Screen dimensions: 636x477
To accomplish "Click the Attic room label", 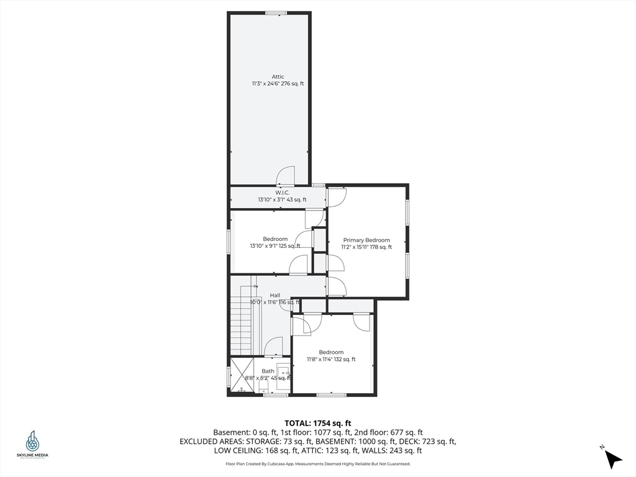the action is pyautogui.click(x=278, y=76).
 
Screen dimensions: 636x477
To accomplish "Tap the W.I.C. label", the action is pyautogui.click(x=283, y=193).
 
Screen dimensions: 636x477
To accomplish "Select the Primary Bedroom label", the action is pyautogui.click(x=366, y=240).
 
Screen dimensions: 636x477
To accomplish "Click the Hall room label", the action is pyautogui.click(x=275, y=295).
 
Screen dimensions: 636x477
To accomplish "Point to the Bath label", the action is pyautogui.click(x=268, y=371).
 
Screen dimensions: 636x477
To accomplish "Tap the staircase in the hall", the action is pyautogui.click(x=242, y=320).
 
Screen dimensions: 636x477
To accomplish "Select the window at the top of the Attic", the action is pyautogui.click(x=276, y=14).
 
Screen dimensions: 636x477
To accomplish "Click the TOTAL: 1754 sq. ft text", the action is pyautogui.click(x=317, y=424).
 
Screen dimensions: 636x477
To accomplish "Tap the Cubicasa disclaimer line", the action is pyautogui.click(x=318, y=463).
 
